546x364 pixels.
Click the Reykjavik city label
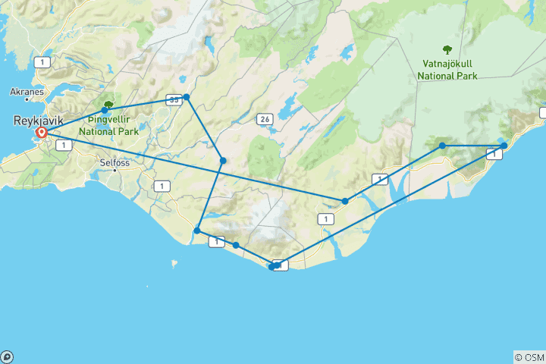tap(38, 120)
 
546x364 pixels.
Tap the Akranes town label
tap(26, 91)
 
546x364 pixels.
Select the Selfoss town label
tap(116, 162)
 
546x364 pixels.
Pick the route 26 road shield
tap(265, 119)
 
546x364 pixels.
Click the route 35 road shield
tap(174, 99)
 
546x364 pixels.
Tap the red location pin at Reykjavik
tap(42, 133)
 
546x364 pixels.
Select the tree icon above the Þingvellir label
tap(109, 105)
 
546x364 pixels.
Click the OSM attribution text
tap(529, 357)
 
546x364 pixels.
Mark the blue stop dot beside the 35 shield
tap(186, 97)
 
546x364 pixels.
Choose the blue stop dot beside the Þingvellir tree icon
tap(105, 111)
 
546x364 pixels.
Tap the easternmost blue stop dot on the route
tap(504, 145)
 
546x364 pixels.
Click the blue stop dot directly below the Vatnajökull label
tap(442, 146)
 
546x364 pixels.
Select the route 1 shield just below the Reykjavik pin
tap(58, 144)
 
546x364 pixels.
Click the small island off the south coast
tap(174, 265)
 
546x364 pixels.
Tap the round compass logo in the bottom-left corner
tap(6, 357)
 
